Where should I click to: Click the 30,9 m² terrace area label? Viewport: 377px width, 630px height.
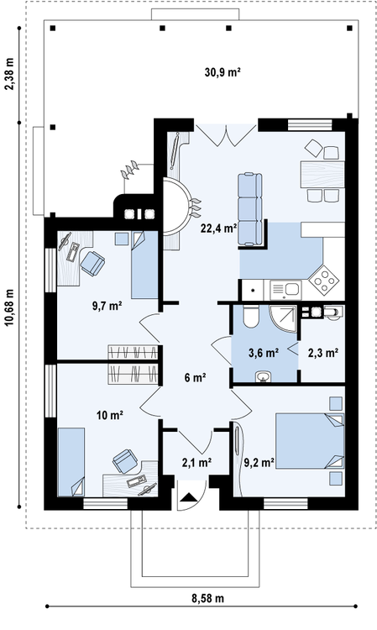point(223,73)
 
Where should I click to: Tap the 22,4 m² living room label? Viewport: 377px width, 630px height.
point(219,228)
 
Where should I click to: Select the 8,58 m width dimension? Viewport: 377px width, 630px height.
point(207,598)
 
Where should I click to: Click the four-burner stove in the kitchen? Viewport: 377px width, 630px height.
point(325,277)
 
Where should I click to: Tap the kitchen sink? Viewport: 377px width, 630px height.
point(285,290)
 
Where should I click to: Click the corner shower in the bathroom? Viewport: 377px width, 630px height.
point(283,319)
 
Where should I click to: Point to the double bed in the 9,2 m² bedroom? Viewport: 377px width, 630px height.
point(310,441)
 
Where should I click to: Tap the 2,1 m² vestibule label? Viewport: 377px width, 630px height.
point(196,463)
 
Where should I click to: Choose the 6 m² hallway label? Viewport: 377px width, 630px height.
point(196,378)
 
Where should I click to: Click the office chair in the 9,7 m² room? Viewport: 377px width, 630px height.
point(92,263)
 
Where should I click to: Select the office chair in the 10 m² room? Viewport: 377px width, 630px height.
point(125,461)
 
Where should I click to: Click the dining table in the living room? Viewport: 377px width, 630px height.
point(322,175)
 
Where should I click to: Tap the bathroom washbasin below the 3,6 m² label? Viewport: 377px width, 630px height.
point(264,376)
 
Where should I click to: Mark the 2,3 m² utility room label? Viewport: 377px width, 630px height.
point(322,353)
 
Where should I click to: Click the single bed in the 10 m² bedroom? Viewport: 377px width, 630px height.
point(71,462)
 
